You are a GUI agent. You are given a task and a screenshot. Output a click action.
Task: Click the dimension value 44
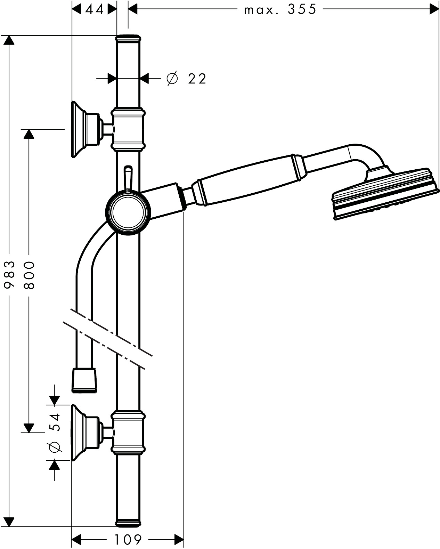(94, 9)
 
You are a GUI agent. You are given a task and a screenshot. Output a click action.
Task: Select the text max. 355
(280, 9)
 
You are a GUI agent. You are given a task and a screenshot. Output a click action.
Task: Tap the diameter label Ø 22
(187, 79)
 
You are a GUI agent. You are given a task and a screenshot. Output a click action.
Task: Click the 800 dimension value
(30, 275)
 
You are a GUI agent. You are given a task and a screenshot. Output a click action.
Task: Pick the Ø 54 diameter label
(55, 433)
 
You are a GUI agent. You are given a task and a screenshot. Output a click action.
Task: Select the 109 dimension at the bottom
(128, 540)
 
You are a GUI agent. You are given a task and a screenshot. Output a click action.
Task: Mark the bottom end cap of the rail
(128, 522)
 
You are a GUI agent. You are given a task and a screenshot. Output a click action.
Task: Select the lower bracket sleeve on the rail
(128, 433)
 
